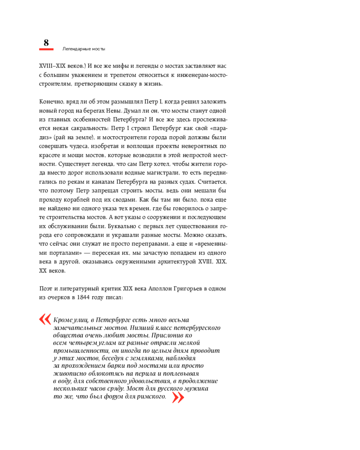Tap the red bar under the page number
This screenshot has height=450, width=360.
point(46,49)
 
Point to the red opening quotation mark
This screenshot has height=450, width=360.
point(45,319)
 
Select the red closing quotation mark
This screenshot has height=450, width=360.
point(178,397)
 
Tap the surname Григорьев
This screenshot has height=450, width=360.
point(190,288)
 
